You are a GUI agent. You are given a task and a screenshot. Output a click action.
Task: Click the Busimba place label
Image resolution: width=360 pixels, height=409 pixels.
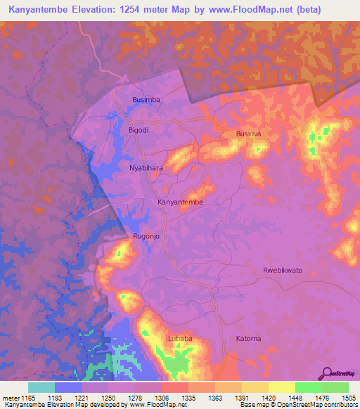[x=146, y=100]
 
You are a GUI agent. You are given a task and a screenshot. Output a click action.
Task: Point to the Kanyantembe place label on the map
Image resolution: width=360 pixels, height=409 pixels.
[x=181, y=202]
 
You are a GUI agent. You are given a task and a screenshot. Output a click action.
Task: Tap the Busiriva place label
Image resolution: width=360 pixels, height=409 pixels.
[x=250, y=134]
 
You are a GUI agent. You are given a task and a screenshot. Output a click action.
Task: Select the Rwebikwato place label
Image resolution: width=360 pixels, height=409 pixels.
[x=282, y=271]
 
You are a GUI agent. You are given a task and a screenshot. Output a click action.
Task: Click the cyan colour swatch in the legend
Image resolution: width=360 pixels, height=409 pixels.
[x=41, y=387]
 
